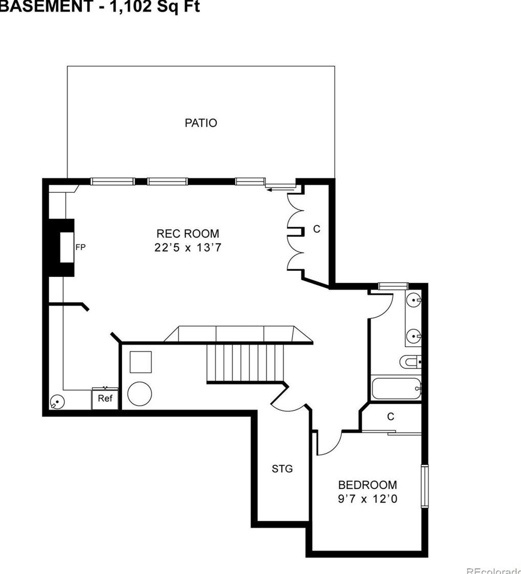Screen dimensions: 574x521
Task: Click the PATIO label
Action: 201,123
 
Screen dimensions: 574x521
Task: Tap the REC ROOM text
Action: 187,234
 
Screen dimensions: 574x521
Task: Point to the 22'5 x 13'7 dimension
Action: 187,248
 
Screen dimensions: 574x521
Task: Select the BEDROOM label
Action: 367,485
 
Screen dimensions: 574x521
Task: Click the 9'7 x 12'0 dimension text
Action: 367,499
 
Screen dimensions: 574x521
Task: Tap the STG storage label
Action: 282,468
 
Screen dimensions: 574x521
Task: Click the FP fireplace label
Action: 80,247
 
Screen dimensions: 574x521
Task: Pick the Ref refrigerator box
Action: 105,399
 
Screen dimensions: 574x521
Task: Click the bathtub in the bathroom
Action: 396,388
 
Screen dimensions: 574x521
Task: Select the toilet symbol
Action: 410,362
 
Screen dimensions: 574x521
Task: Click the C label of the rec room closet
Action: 317,229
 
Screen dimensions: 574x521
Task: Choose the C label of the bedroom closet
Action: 391,417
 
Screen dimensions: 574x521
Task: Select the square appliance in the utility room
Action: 140,362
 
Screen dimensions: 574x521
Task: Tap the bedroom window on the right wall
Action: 424,486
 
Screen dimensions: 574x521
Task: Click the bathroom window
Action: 393,285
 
